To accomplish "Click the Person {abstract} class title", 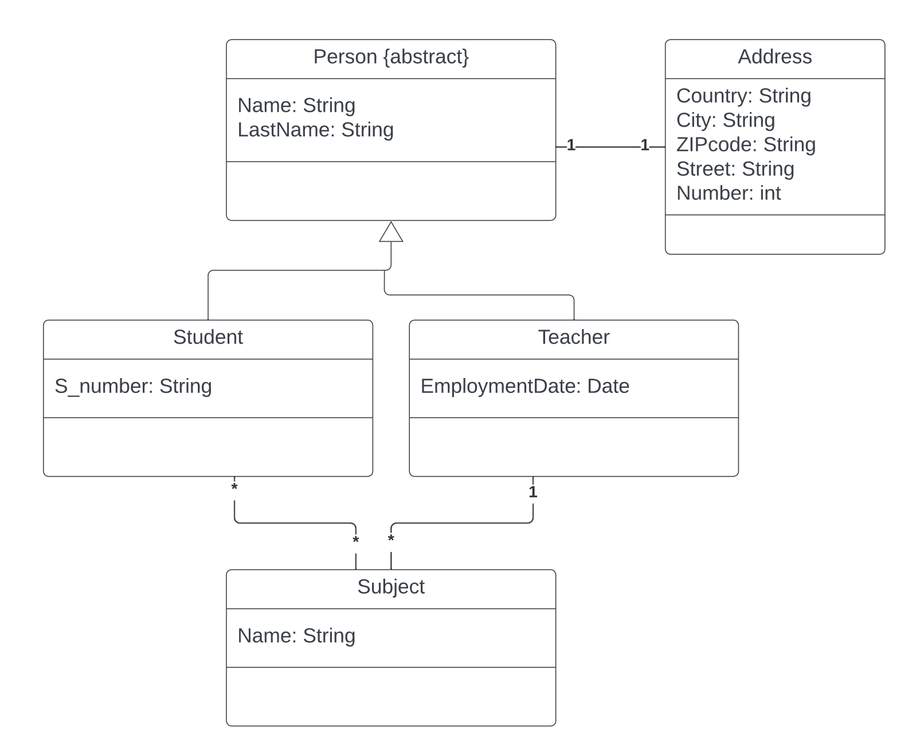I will (x=391, y=57).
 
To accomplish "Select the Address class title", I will (x=774, y=57).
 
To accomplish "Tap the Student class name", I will (x=208, y=337).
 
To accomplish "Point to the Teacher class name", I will (x=573, y=337).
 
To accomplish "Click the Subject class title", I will (x=390, y=587).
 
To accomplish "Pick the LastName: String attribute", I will (x=315, y=130).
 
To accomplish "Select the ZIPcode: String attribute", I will (x=745, y=144).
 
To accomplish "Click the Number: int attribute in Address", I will (x=728, y=193).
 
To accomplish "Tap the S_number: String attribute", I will (x=133, y=386).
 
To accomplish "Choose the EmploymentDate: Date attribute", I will (x=524, y=386).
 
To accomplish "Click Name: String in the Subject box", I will (x=296, y=636).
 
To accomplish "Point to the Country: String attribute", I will (x=743, y=96).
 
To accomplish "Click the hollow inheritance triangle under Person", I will (x=391, y=233).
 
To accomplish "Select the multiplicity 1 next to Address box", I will (x=644, y=146).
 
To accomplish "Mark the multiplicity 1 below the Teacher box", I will (x=533, y=492).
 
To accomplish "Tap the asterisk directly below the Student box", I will (x=234, y=487).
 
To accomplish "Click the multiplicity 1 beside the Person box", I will (x=570, y=146).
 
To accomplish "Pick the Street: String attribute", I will (x=735, y=169).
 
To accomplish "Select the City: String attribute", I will (x=725, y=120).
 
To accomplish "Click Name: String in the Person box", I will (x=296, y=105).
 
